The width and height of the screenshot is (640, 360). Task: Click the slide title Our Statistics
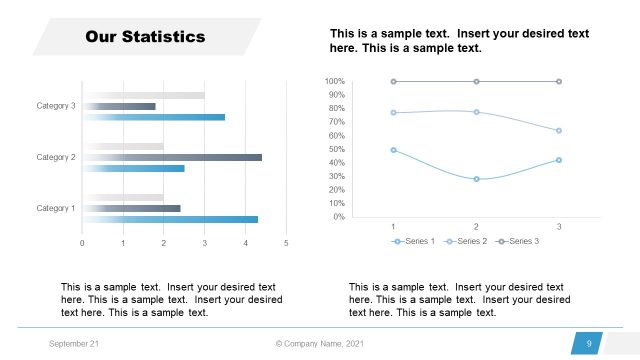click(145, 37)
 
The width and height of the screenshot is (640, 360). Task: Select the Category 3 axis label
click(56, 106)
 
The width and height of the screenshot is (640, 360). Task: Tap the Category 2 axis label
click(56, 157)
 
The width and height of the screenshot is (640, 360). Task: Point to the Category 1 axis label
click(56, 208)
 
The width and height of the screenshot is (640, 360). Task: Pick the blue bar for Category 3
click(154, 117)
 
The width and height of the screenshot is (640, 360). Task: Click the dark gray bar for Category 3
click(119, 106)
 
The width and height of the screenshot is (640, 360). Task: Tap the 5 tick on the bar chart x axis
click(286, 243)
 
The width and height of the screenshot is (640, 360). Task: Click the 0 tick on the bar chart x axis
click(83, 243)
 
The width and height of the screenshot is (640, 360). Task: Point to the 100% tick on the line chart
click(335, 81)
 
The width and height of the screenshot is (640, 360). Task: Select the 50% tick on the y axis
click(336, 149)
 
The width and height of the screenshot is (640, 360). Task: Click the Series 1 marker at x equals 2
click(476, 179)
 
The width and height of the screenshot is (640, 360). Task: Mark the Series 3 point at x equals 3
click(559, 81)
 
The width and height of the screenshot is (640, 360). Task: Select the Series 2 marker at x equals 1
click(393, 112)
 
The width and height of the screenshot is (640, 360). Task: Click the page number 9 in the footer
click(589, 344)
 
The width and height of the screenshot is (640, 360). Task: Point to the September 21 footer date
click(74, 344)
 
